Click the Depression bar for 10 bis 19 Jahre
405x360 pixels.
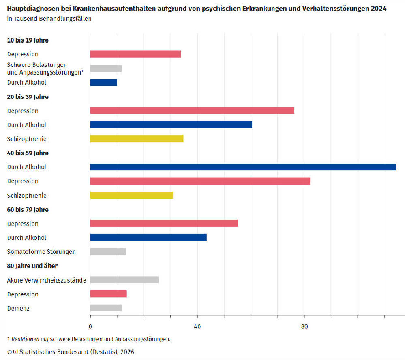(135, 54)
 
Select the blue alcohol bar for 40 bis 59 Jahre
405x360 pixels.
(243, 167)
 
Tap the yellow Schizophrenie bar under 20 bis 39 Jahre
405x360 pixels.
(137, 139)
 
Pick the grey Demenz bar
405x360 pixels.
(106, 308)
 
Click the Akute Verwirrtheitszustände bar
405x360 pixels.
(124, 280)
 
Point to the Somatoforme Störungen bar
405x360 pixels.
(108, 251)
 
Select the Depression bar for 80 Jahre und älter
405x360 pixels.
(108, 294)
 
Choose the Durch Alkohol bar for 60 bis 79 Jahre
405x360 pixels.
(148, 238)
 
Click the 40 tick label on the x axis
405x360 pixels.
(197, 326)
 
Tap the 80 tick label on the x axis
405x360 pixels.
(304, 326)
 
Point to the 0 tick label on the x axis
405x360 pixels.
(90, 326)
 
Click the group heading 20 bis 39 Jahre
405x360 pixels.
(28, 97)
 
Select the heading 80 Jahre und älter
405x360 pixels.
(32, 266)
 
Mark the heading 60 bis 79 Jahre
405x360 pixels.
(28, 209)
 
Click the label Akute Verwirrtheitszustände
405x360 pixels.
(46, 280)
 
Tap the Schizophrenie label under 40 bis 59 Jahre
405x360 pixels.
(27, 196)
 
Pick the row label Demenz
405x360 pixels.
(18, 309)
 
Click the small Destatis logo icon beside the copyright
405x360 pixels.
(15, 352)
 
